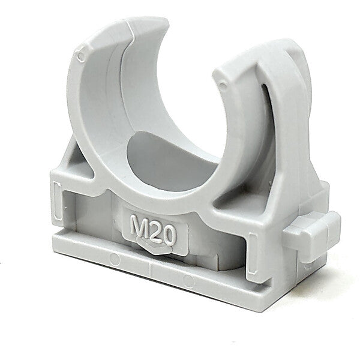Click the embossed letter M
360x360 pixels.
point(139,226)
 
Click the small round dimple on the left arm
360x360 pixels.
point(81,56)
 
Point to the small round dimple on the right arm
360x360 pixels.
point(223,86)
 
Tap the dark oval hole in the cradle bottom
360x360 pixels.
point(172,162)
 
